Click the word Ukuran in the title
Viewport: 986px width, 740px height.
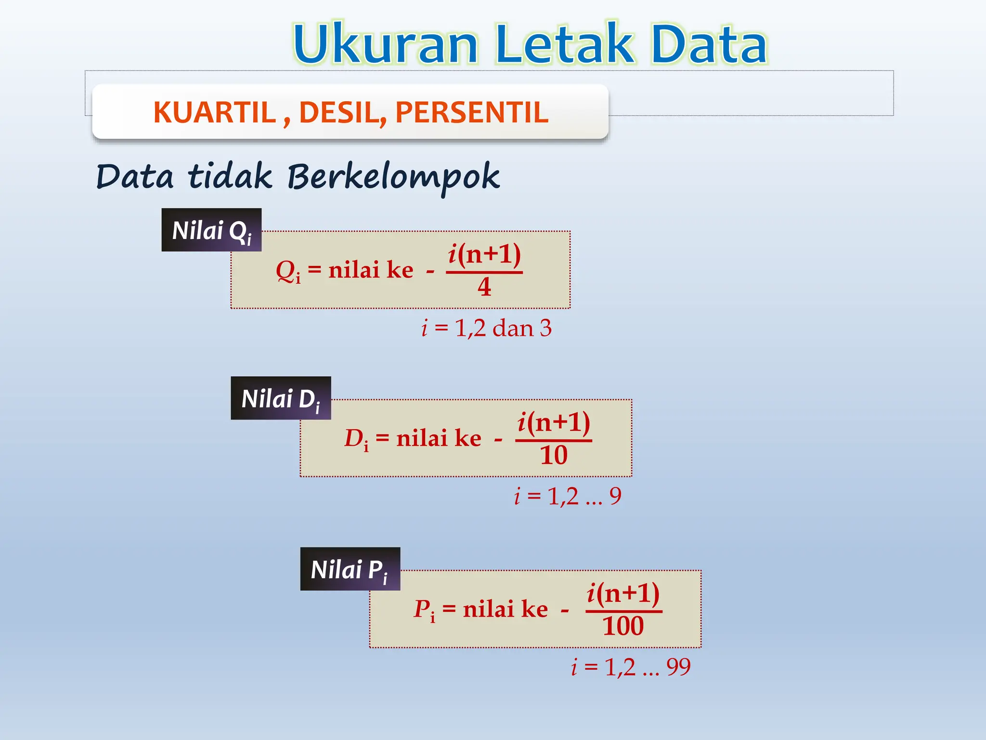click(385, 44)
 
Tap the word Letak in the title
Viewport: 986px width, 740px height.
click(565, 44)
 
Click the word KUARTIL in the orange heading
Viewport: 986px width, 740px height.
click(215, 113)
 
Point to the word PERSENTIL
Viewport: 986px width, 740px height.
click(472, 113)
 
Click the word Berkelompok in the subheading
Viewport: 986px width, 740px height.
click(393, 177)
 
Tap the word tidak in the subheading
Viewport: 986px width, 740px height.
click(230, 176)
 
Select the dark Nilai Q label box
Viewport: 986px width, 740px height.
click(211, 230)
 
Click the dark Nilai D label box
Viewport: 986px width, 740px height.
click(281, 398)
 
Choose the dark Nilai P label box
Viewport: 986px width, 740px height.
click(350, 569)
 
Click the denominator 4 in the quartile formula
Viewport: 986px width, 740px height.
click(484, 287)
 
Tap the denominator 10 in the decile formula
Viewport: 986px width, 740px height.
click(554, 455)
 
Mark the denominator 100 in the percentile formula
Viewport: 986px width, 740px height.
click(623, 626)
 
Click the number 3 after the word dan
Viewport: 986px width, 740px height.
click(545, 328)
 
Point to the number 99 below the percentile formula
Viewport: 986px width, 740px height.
click(678, 667)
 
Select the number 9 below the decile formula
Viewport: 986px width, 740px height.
click(615, 496)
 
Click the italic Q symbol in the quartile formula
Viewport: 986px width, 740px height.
click(285, 270)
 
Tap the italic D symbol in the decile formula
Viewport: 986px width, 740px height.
click(353, 438)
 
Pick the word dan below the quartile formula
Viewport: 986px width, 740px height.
click(513, 328)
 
